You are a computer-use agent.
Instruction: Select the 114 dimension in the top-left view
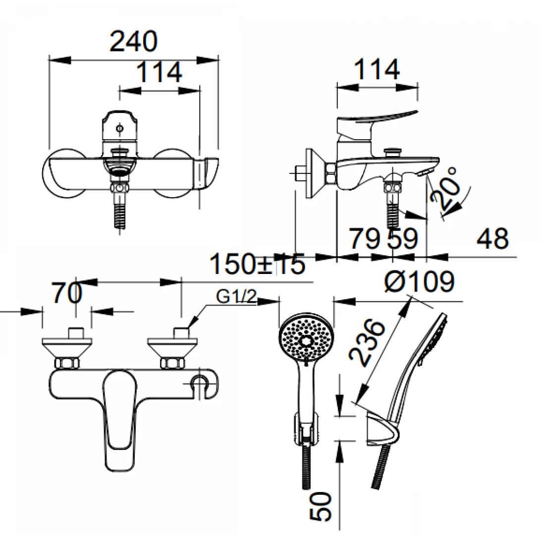click(x=159, y=73)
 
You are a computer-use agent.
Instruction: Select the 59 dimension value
click(x=402, y=239)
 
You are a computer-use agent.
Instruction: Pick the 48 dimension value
click(x=492, y=239)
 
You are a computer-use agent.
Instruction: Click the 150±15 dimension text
click(x=258, y=265)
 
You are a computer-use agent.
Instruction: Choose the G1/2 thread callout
click(x=237, y=297)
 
